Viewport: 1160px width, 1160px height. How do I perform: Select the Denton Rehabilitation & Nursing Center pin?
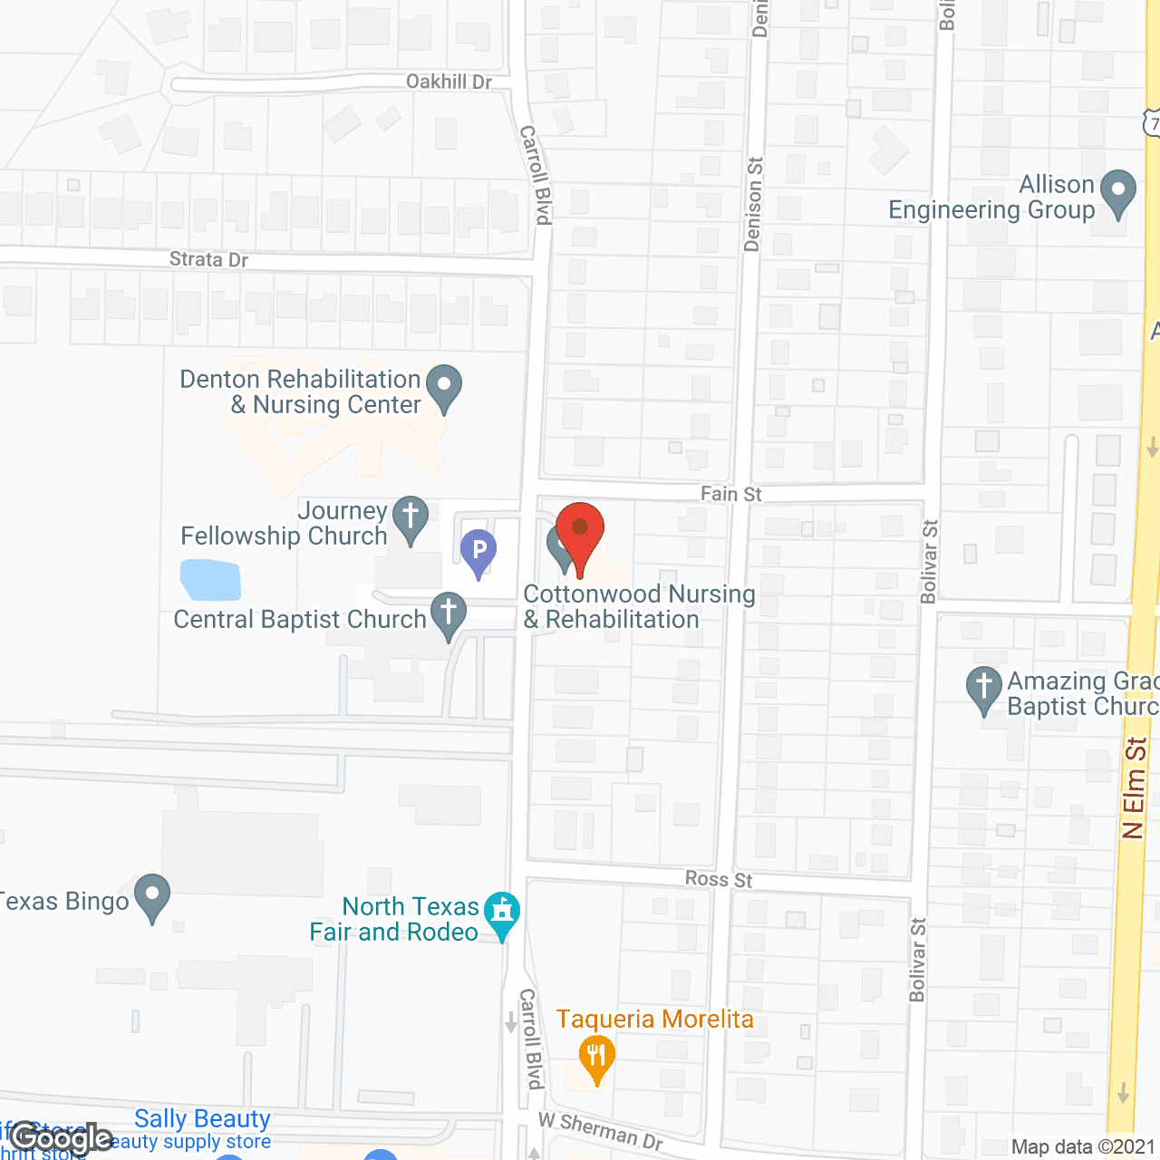click(x=444, y=387)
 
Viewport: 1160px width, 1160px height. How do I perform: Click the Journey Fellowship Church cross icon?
click(x=411, y=519)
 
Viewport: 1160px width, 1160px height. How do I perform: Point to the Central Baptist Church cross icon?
click(x=449, y=614)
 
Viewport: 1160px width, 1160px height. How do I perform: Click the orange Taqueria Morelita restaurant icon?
click(x=596, y=1058)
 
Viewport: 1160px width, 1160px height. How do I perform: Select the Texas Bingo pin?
click(x=152, y=896)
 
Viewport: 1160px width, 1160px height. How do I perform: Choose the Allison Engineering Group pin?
click(x=1117, y=193)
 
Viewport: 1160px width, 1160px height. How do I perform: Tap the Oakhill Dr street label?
click(x=449, y=82)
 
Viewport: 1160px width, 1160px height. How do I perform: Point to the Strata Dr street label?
click(x=208, y=260)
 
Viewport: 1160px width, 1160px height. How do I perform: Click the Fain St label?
click(x=730, y=494)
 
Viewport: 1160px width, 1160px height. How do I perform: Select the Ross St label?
click(x=719, y=879)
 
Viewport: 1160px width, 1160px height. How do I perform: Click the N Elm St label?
click(x=1135, y=788)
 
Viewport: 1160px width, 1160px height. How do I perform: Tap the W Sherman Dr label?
click(x=601, y=1130)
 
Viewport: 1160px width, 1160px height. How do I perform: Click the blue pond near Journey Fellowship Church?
click(x=211, y=580)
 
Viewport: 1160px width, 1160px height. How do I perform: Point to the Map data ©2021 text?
click(x=1083, y=1147)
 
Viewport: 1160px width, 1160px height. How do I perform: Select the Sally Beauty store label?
click(x=202, y=1119)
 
